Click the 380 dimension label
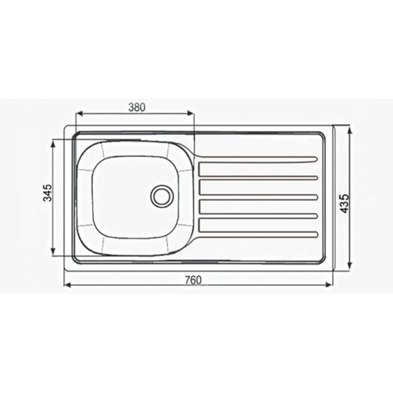click(x=137, y=108)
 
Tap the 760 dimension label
click(x=193, y=280)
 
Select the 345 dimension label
click(x=47, y=193)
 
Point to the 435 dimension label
click(x=345, y=204)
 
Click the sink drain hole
click(x=162, y=196)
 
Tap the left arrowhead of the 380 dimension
click(x=80, y=114)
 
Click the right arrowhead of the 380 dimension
click(x=190, y=114)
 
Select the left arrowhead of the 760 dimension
click(x=68, y=284)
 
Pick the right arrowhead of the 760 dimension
click(x=329, y=284)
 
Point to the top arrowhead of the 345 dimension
click(x=52, y=144)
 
